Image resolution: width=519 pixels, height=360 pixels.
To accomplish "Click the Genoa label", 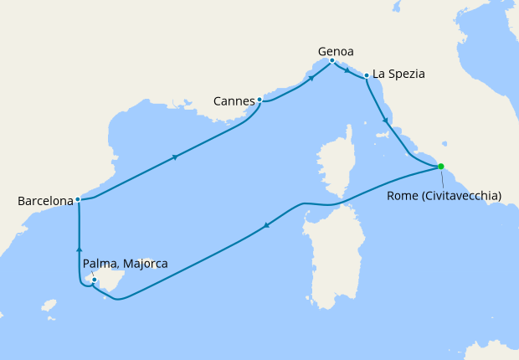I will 336,50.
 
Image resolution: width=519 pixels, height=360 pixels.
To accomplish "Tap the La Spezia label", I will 398,74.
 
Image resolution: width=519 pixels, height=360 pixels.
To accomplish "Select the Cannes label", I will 234,101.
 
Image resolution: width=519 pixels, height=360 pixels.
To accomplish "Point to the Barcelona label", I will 45,202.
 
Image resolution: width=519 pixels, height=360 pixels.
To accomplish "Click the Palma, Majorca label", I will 126,264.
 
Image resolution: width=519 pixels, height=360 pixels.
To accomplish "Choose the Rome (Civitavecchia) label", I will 444,196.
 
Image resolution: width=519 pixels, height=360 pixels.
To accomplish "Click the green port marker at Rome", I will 441,167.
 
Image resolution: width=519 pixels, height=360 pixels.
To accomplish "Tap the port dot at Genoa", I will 332,60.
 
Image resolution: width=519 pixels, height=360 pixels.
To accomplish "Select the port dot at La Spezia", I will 367,77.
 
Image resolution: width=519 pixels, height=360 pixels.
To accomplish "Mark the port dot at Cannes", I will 259,100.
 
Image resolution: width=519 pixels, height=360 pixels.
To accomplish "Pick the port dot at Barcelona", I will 77,199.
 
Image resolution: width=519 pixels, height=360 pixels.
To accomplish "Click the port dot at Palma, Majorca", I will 95,280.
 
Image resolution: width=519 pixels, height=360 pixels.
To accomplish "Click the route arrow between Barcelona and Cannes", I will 174,157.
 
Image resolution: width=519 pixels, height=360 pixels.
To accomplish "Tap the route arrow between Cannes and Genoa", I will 311,78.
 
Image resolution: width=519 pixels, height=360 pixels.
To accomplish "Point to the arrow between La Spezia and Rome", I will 385,121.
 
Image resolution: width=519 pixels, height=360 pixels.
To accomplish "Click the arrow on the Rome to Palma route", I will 266,224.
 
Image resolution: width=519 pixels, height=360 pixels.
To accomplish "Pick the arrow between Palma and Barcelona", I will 78,248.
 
